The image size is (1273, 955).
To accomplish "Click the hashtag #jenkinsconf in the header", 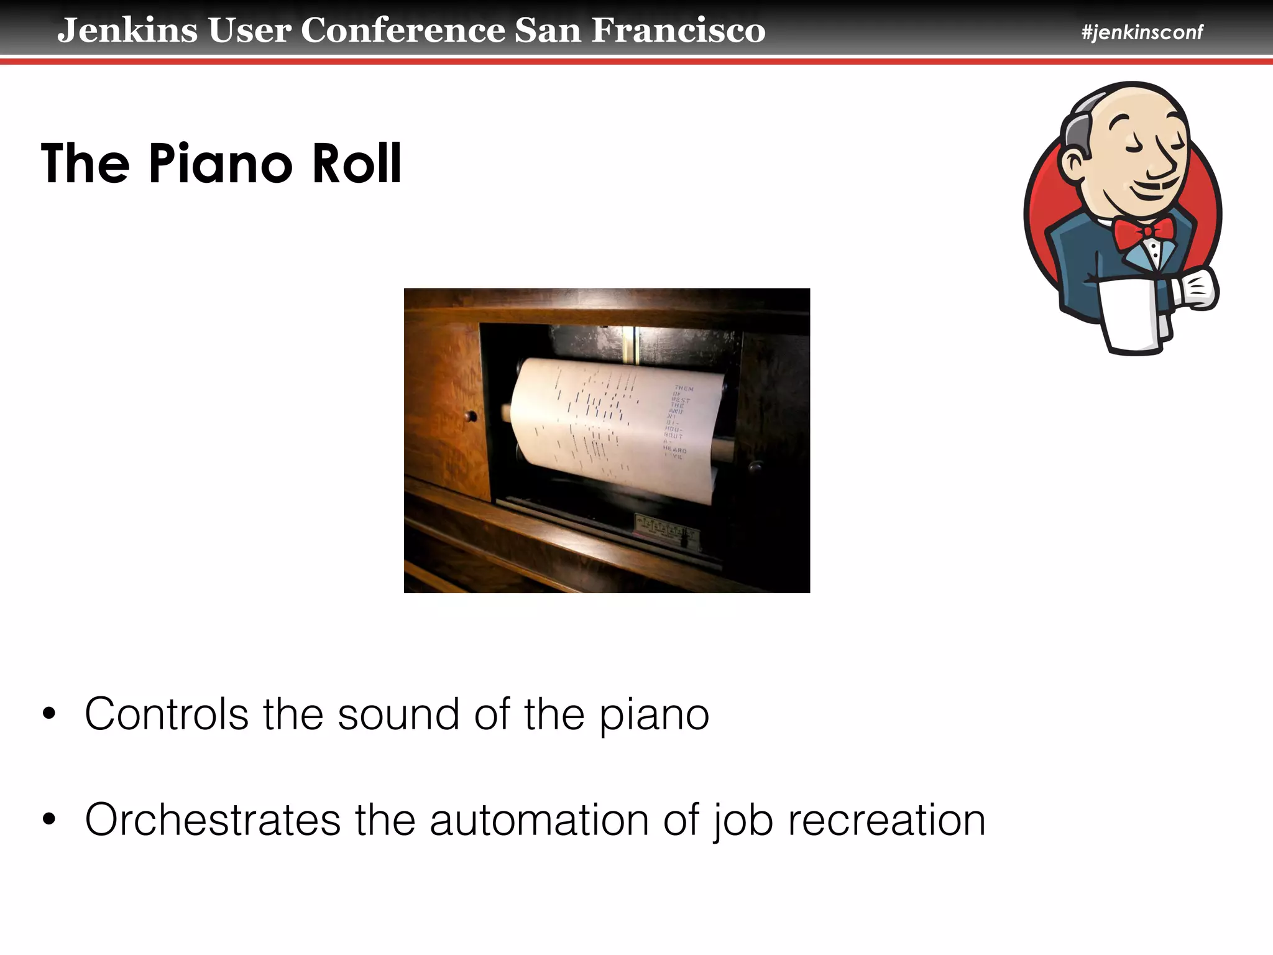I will pos(1142,32).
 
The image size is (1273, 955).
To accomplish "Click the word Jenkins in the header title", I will pos(127,30).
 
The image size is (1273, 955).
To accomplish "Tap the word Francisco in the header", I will pos(678,30).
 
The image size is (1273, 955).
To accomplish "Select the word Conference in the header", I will pos(403,30).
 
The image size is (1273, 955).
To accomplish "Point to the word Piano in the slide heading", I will pos(220,164).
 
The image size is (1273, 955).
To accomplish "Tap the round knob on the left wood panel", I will pos(471,417).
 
